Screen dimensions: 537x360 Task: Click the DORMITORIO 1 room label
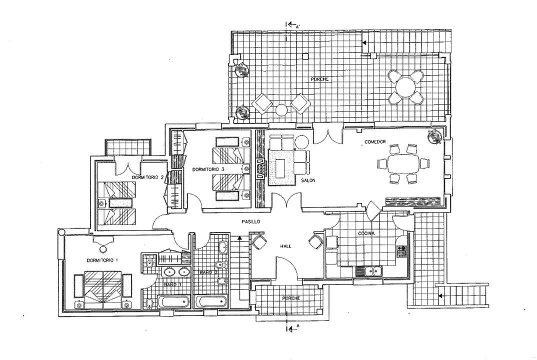tap(102, 260)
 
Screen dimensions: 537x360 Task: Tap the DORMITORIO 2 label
tap(147, 177)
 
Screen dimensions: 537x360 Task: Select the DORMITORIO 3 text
tap(208, 169)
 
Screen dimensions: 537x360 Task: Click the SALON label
tap(308, 180)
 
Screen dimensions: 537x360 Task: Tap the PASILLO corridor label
tap(250, 221)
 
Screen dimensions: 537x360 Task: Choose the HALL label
tap(285, 246)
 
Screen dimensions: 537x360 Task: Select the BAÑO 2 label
tap(208, 272)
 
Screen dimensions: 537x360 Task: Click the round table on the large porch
tap(405, 87)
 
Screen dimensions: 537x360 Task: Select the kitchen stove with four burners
tap(401, 250)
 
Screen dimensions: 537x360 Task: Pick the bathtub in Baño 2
tap(211, 302)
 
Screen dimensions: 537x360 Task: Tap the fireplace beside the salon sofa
tap(261, 169)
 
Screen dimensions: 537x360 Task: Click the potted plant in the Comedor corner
tap(435, 136)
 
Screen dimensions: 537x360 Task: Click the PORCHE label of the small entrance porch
tap(291, 298)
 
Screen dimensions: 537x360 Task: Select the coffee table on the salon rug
tap(280, 168)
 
